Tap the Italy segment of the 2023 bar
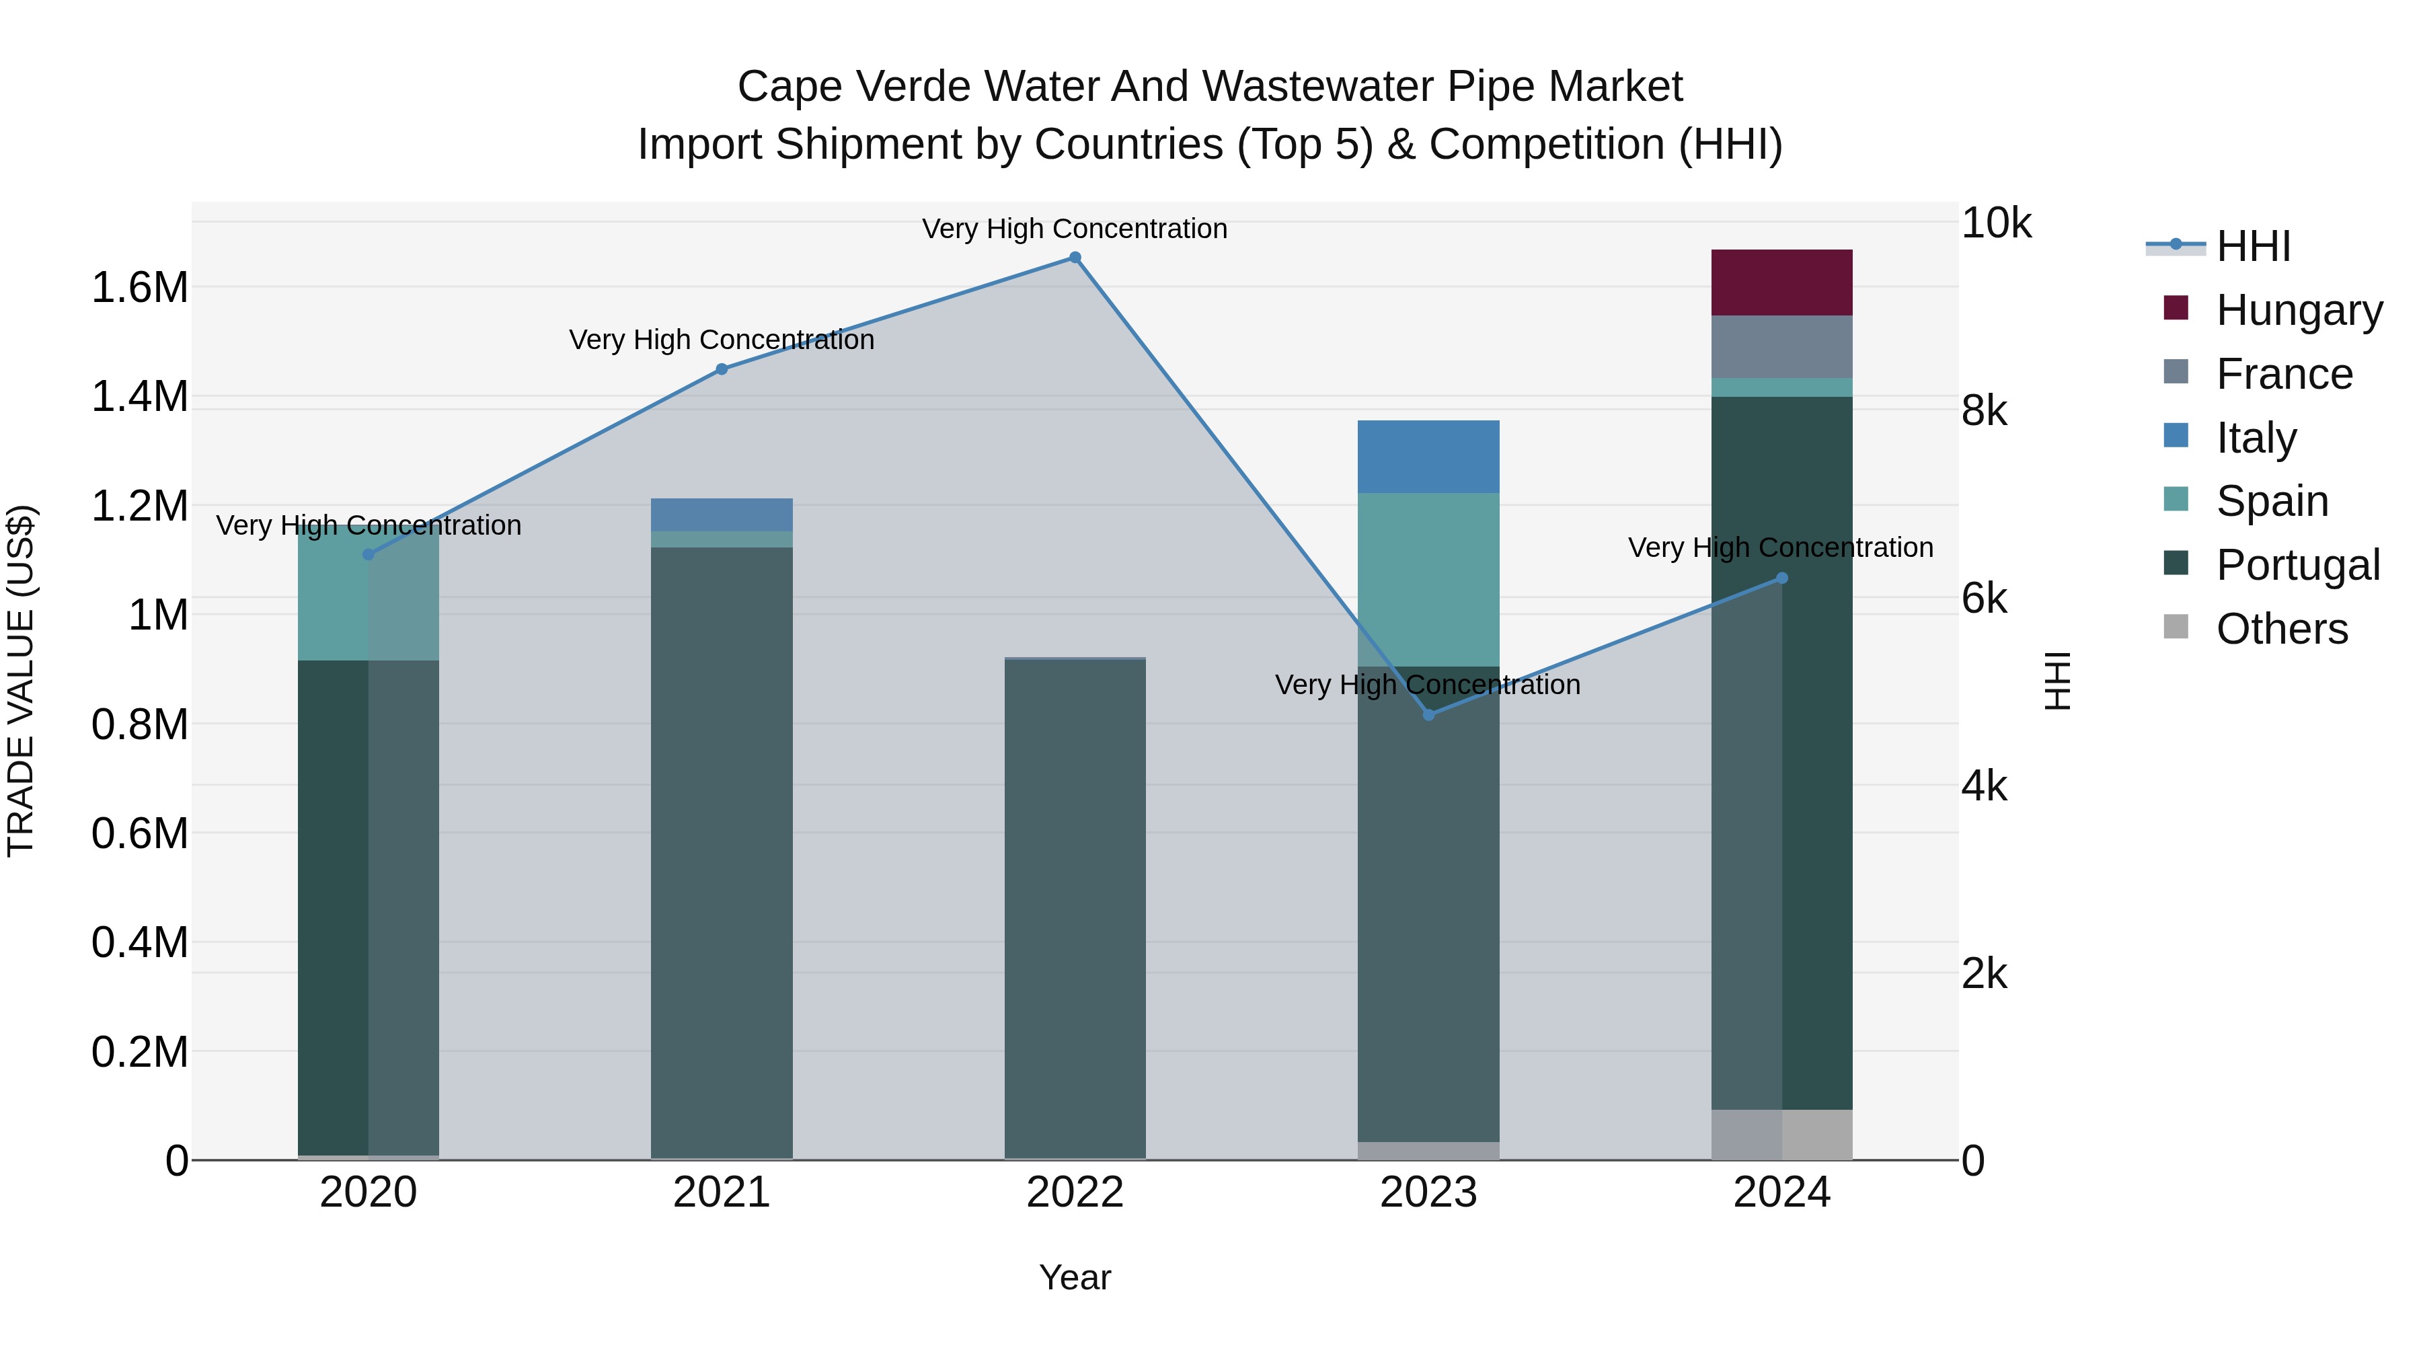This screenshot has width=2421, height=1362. [x=1428, y=456]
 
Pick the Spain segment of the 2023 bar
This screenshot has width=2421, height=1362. [x=1428, y=579]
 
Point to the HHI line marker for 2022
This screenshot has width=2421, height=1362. [x=1075, y=258]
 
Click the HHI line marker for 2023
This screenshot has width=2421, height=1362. [x=1428, y=714]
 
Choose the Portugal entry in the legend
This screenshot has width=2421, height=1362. [x=2297, y=565]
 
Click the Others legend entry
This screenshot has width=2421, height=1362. [x=2281, y=629]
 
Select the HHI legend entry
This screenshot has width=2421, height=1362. [x=2253, y=246]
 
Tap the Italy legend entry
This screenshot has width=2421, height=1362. [x=2256, y=438]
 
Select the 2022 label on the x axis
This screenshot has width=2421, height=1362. [x=1075, y=1193]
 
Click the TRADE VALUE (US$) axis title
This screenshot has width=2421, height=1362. [x=21, y=681]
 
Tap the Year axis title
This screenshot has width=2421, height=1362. [x=1075, y=1277]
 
